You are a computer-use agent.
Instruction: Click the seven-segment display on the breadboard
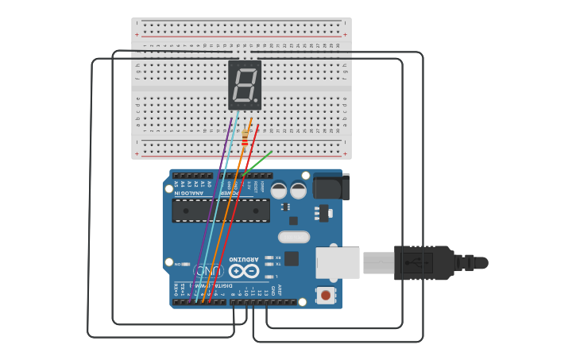point(244,84)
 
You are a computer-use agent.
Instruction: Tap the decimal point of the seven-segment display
point(257,103)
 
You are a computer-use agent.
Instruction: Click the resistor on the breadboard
point(245,138)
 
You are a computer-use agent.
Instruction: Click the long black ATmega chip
point(221,211)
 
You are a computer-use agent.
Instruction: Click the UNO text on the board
point(208,272)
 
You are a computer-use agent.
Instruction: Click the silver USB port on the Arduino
point(338,262)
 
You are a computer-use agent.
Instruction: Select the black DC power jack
point(331,187)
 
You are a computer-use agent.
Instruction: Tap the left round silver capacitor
point(279,191)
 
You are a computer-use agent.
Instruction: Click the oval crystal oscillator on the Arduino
point(294,236)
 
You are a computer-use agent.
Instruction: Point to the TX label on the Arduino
point(277,265)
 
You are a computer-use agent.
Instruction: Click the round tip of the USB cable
point(481,262)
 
